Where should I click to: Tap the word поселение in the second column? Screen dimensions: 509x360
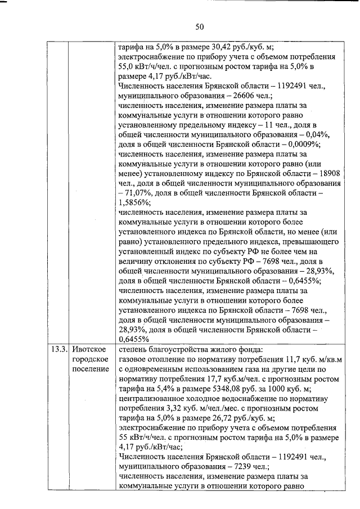click(x=90, y=369)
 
